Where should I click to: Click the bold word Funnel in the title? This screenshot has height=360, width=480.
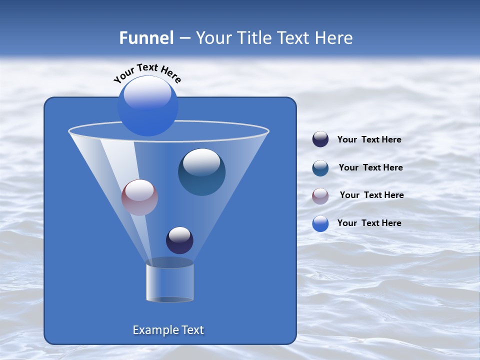point(146,38)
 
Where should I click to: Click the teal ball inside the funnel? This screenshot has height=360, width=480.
point(201,172)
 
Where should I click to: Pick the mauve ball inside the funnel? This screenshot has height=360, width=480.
point(139,197)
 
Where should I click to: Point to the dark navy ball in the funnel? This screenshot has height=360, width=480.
point(179,240)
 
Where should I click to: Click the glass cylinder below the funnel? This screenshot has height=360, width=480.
point(169,281)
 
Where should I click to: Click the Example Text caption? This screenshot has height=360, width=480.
point(168,330)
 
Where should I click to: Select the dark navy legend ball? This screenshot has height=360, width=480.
point(320,139)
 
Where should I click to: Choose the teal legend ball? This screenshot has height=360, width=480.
point(320,168)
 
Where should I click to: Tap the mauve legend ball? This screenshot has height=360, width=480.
point(320,196)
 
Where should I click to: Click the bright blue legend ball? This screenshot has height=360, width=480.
point(320,223)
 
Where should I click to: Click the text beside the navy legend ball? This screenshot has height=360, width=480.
point(369,140)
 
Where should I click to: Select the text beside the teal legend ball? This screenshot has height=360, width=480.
point(370,168)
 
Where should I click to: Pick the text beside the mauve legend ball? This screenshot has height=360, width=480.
point(371,195)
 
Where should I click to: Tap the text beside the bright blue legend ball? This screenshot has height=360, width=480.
point(369,223)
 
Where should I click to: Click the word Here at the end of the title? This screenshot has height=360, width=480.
point(335,38)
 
